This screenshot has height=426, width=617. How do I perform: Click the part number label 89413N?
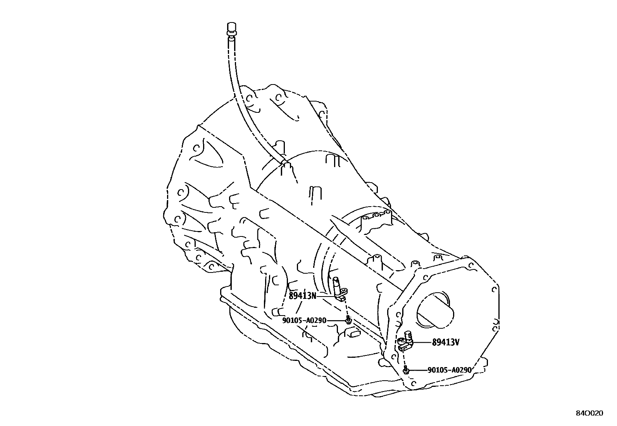tap(302, 296)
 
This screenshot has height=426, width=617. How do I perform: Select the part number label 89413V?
tap(446, 342)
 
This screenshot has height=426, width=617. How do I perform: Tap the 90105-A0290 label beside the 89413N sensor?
tap(304, 321)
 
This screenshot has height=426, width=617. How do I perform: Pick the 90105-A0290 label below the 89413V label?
tap(450, 370)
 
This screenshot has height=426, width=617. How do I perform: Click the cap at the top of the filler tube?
tap(231, 28)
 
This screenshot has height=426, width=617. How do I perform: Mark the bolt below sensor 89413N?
tap(348, 320)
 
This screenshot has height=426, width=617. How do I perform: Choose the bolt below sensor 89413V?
tap(405, 370)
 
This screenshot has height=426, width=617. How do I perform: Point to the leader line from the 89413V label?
tap(422, 342)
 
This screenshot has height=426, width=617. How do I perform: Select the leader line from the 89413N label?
tap(326, 296)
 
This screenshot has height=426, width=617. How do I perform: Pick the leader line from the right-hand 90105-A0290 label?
tap(417, 370)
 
